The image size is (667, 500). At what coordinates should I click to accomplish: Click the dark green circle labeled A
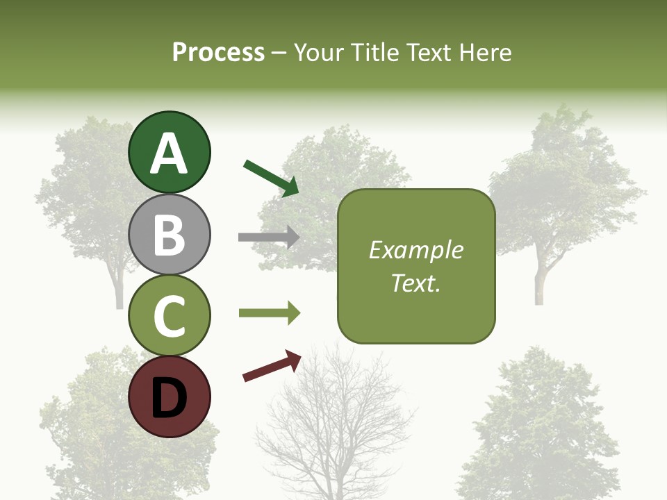[169, 152]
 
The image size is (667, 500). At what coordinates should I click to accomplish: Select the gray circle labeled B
[169, 234]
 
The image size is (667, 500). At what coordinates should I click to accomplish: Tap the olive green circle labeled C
[169, 316]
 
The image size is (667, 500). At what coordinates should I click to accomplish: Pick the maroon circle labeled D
[169, 397]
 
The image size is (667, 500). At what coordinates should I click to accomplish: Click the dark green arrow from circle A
[271, 178]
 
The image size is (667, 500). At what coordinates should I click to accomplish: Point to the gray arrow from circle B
[269, 237]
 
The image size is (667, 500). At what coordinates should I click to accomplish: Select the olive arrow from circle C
[269, 313]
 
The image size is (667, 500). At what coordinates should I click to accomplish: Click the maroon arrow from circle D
[272, 366]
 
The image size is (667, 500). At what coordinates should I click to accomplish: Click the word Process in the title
[218, 53]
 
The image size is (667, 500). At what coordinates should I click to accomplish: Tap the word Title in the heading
[372, 53]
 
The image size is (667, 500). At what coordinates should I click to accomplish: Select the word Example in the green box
[415, 250]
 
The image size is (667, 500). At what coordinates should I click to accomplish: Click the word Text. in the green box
[415, 283]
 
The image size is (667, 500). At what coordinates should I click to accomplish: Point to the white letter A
[169, 153]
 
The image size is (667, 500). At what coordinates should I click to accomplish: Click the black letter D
[169, 399]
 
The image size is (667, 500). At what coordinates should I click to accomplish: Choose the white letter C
[169, 317]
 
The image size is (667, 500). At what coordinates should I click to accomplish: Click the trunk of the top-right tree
[539, 281]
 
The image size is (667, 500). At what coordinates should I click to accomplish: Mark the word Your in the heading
[320, 53]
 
